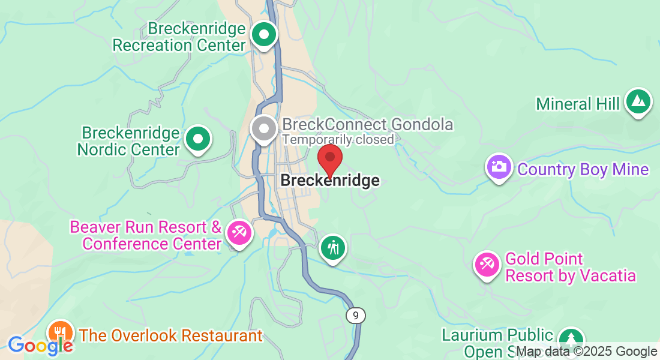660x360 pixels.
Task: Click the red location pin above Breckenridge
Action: [x=329, y=158]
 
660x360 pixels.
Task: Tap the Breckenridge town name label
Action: [x=330, y=181]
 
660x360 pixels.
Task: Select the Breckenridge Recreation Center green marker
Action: [x=263, y=35]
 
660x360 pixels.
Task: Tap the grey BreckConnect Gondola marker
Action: [x=263, y=128]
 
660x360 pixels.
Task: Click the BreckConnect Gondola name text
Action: [x=367, y=125]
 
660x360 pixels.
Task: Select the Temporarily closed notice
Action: [x=338, y=140]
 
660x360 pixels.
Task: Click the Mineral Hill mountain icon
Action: [x=638, y=103]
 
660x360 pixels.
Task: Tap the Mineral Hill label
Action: [x=578, y=104]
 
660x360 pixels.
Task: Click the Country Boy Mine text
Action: [x=583, y=170]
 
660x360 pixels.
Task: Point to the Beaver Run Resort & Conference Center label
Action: [x=146, y=236]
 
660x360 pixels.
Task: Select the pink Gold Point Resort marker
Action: [x=487, y=264]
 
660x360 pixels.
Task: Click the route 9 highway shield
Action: [x=356, y=315]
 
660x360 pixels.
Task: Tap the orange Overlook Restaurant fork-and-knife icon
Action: [x=60, y=332]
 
